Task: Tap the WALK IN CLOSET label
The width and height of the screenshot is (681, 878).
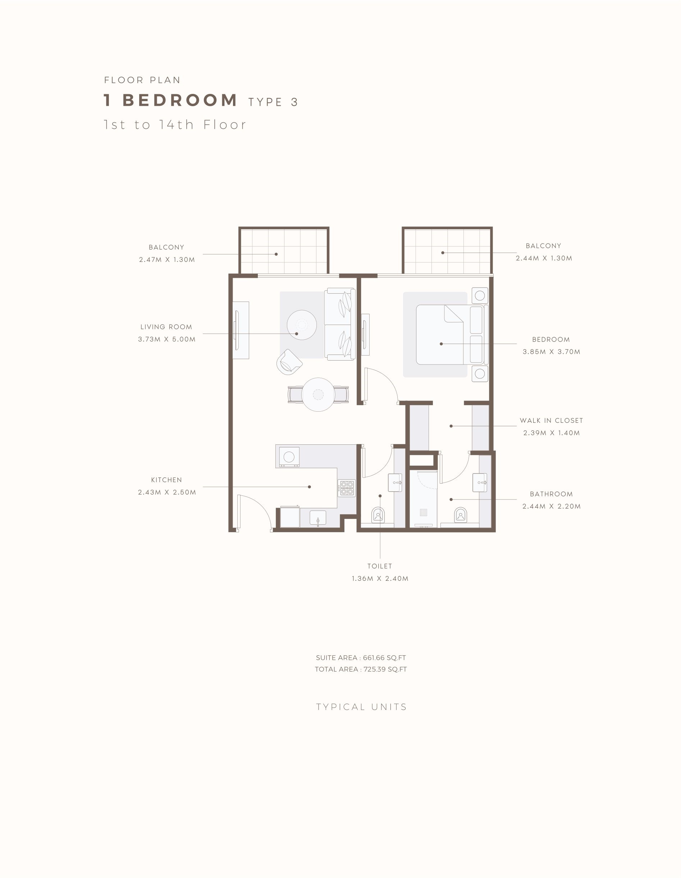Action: (x=551, y=421)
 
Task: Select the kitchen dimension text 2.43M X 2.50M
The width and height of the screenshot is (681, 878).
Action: (x=167, y=492)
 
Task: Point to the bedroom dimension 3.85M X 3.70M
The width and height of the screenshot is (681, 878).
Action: (x=551, y=352)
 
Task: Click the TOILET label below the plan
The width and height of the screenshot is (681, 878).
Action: (x=380, y=566)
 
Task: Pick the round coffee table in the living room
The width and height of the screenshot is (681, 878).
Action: (x=302, y=325)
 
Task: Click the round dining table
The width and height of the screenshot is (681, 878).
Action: (x=318, y=394)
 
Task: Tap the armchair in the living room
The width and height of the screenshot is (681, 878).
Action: (x=289, y=362)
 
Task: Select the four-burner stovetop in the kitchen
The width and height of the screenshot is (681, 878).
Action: (x=347, y=488)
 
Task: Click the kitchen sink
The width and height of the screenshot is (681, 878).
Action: (x=318, y=518)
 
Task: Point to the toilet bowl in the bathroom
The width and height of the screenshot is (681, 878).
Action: (x=461, y=515)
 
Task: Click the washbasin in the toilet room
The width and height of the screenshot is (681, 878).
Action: (x=395, y=483)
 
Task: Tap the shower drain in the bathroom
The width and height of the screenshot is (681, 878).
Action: (x=423, y=512)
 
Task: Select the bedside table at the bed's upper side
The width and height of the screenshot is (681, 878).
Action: (x=480, y=295)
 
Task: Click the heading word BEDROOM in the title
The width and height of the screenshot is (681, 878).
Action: (x=179, y=100)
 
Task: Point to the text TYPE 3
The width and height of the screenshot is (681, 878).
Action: (x=273, y=102)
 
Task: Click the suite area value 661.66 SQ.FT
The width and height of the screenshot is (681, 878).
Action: (x=384, y=658)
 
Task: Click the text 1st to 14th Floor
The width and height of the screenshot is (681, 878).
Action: (x=175, y=125)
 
